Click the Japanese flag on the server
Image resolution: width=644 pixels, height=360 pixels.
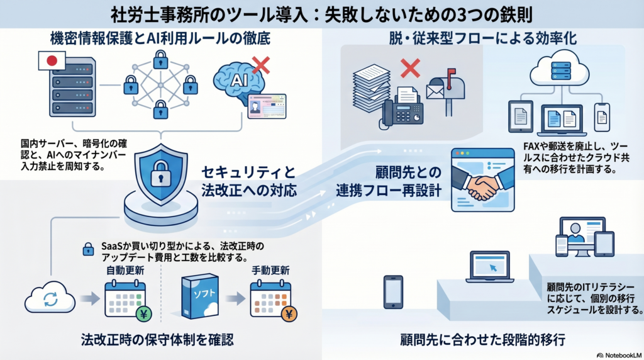[48, 61]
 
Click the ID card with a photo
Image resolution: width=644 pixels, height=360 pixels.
[267, 106]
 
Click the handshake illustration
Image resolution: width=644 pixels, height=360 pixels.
[482, 183]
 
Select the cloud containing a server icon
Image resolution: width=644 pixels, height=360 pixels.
[555, 70]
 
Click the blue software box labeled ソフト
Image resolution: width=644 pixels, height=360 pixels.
[199, 296]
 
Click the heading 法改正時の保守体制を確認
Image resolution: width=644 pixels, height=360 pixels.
[157, 340]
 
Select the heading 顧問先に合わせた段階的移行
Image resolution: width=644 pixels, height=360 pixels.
[482, 340]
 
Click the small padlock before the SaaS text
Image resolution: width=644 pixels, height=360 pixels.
[89, 250]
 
